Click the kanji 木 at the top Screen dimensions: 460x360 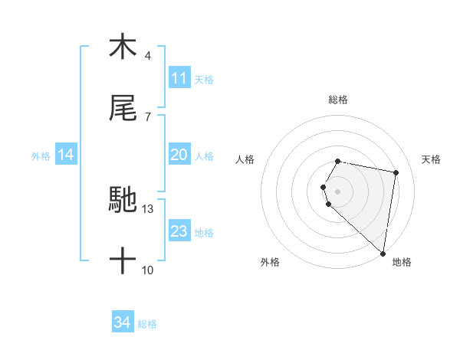pyautogui.click(x=123, y=47)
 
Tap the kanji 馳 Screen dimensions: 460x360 pyautogui.click(x=123, y=201)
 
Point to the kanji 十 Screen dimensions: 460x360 pyautogui.click(x=123, y=261)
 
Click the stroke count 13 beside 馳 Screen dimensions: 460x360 pyautogui.click(x=148, y=208)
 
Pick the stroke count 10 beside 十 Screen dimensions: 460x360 pyautogui.click(x=148, y=270)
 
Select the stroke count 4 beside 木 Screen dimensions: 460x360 pyautogui.click(x=148, y=55)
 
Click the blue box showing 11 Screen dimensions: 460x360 pyautogui.click(x=179, y=77)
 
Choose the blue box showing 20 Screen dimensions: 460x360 pyautogui.click(x=179, y=155)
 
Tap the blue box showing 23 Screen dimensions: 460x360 pyautogui.click(x=179, y=231)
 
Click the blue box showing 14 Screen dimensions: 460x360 pyautogui.click(x=66, y=155)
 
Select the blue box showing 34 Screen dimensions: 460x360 pyautogui.click(x=123, y=322)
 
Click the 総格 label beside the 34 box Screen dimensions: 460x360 pyautogui.click(x=147, y=324)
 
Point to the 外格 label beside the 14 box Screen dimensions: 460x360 pyautogui.click(x=41, y=156)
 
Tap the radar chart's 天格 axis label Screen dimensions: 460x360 pyautogui.click(x=432, y=159)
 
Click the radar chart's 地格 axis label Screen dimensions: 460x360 pyautogui.click(x=402, y=262)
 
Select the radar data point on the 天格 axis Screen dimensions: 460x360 pyautogui.click(x=396, y=172)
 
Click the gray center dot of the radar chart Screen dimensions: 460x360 pyautogui.click(x=338, y=191)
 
